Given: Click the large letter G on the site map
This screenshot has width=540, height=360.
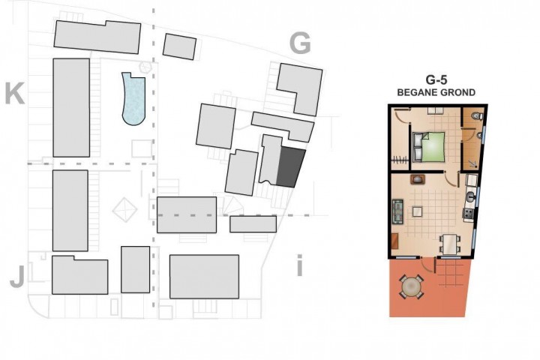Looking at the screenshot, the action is pos(300,43).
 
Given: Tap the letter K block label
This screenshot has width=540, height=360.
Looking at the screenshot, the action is pos(15,93).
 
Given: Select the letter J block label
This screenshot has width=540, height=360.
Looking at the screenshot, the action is pos(17,277).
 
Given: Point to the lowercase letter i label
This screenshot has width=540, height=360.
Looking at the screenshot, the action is pos(299,265).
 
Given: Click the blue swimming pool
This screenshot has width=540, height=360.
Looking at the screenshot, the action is pos(133,99).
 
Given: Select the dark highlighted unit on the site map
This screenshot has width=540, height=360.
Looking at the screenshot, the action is pos(291,167).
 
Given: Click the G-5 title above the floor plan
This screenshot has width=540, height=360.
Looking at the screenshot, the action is pos(436,80).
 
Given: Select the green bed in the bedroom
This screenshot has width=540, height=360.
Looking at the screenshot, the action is pos(428,146).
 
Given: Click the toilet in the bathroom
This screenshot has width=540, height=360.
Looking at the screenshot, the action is pos(477,115).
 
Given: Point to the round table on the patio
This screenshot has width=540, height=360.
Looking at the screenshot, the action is pos(411,286).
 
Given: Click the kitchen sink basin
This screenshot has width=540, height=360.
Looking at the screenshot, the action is pos(470,197).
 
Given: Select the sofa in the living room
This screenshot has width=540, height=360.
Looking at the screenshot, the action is pos(398,211).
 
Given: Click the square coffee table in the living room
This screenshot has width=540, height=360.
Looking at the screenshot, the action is pos(417,211).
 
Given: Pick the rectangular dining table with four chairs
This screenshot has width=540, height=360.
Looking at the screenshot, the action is pos(450,244).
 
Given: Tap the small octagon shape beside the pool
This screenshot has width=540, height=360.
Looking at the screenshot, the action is pos(145,67).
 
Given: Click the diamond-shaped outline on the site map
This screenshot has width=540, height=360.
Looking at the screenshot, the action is pos(124,209).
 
